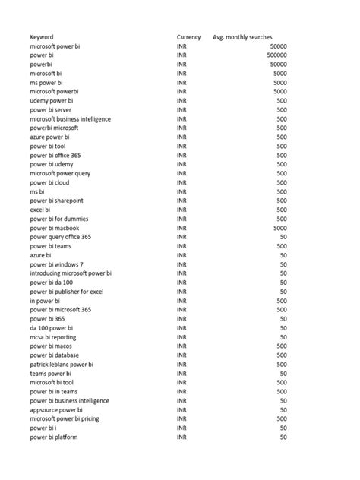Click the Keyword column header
pos(42,37)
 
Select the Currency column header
pos(188,37)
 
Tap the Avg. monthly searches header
pos(242,37)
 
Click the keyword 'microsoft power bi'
pos(55,46)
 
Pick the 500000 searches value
pos(277,55)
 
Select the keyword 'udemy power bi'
pos(52,101)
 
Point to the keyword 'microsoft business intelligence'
pos(71,119)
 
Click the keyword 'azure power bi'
pos(50,137)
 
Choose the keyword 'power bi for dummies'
pos(58,219)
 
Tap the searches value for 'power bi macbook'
pos(279,228)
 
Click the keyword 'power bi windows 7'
pos(57,264)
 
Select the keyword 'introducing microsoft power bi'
pos(71,273)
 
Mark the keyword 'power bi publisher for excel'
pos(67,292)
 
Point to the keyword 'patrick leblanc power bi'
pos(62,365)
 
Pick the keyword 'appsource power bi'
pos(56,410)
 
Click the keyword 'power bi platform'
pos(54,437)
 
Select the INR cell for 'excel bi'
pos(182,210)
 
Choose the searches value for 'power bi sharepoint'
pos(282,201)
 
